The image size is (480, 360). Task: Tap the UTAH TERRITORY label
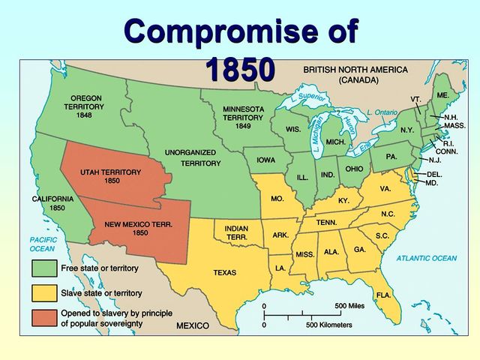111,176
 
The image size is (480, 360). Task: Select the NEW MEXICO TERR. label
138,228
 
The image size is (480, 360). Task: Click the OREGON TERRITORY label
87,106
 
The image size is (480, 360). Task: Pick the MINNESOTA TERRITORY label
243,117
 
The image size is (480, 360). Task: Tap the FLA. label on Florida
382,294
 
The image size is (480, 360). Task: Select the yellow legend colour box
43,293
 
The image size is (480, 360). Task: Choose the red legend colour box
43,318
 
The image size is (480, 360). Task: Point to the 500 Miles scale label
350,306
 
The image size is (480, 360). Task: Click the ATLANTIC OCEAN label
425,259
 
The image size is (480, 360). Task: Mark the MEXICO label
193,327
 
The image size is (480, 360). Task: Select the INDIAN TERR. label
237,232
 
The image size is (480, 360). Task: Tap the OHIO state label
354,169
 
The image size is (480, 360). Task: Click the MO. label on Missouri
277,199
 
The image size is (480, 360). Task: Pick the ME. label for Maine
442,95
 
